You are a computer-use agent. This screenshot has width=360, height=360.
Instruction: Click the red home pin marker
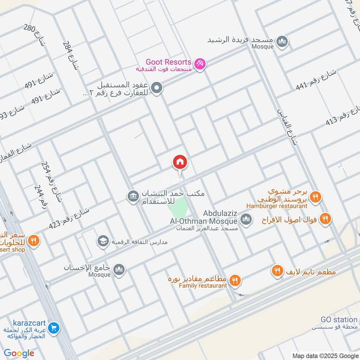180,163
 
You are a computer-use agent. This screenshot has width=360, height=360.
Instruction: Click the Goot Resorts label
169,62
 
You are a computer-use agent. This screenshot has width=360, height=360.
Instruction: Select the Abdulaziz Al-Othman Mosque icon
246,220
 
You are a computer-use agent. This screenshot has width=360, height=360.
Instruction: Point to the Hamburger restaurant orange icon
315,197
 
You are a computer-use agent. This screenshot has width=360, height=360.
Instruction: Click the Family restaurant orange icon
234,281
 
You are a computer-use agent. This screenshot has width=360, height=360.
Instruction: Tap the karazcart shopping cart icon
54,328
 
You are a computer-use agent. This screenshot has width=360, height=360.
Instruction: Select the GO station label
339,319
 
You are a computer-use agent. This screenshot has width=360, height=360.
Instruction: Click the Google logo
19,353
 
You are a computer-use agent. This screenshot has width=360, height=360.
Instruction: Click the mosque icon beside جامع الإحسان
119,270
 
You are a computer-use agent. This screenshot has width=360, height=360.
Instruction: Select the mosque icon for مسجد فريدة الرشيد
282,42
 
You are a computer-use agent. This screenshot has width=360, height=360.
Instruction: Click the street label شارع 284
71,56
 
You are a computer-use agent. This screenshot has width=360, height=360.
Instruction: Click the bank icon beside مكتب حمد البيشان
133,196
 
